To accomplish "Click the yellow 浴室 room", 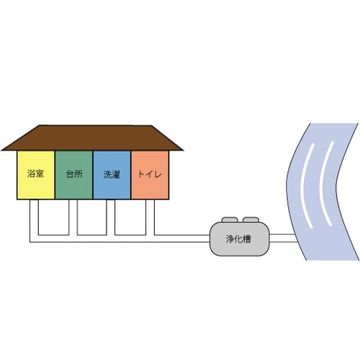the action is coord(36,175).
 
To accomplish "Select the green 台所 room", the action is coord(74,175).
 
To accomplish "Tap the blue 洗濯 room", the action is coord(112,175).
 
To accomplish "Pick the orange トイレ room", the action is coord(150,175).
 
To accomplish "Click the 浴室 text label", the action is coord(35,174).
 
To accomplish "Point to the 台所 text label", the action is coord(74,174).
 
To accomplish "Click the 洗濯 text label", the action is coord(112,174).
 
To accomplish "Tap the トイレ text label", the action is coord(150,174).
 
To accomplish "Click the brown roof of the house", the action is coord(92,138).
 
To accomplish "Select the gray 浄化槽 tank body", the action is coord(240,239).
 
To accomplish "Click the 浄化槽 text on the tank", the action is coord(238,239).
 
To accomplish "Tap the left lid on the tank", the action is coord(230,220).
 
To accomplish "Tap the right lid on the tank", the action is coord(251,220).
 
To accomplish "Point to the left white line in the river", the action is coord(305,185).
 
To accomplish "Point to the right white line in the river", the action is coord(325,184).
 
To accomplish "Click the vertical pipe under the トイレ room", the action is coord(150,217).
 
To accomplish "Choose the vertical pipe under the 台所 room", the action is coord(73,217).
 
